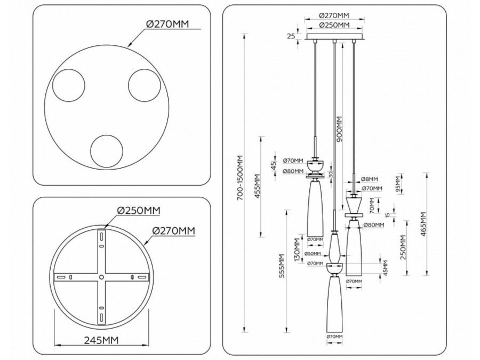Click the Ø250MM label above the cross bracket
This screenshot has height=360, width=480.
tap(138, 211)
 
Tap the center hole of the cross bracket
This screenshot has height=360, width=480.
tap(101, 277)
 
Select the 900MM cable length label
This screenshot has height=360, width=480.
tap(340, 128)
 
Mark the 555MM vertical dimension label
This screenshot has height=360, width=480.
tap(283, 266)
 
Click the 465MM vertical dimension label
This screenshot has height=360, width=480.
tap(423, 224)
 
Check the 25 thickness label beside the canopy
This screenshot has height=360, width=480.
tap(291, 36)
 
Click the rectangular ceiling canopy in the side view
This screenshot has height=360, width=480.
tap(334, 37)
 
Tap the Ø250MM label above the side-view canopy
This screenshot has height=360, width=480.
tap(334, 25)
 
